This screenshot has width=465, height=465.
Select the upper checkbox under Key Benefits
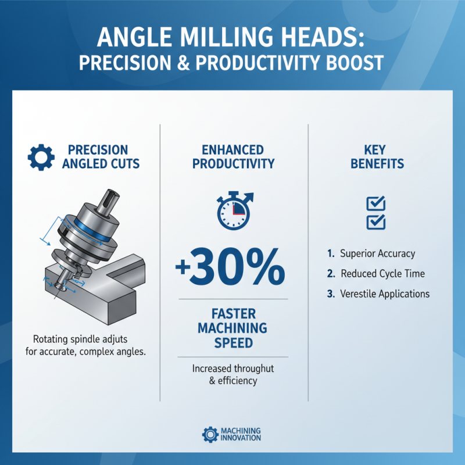[375, 203]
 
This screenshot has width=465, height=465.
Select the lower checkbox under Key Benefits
[375, 222]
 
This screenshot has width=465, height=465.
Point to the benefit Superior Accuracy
[377, 253]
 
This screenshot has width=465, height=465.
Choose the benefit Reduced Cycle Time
[382, 273]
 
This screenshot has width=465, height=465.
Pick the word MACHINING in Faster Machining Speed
[233, 328]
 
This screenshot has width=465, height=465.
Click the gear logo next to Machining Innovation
[210, 434]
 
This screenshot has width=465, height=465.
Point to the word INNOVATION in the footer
[241, 438]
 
